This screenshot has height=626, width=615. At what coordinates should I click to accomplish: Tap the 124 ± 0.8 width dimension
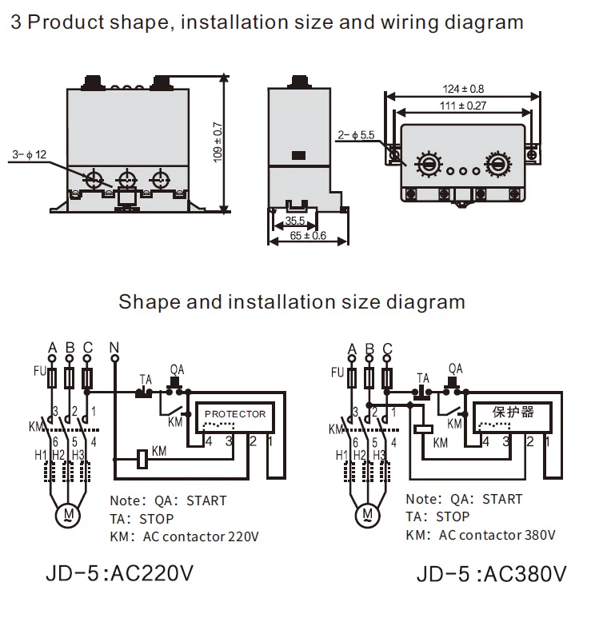point(463,89)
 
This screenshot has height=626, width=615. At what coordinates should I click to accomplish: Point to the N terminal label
point(114,349)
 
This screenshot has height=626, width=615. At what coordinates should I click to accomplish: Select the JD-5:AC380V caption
point(491,575)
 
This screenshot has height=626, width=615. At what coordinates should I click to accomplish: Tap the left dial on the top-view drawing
point(428,165)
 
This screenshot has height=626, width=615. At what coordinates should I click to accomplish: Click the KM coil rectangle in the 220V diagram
point(142,458)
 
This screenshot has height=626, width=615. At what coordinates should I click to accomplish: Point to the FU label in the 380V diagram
point(337,372)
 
